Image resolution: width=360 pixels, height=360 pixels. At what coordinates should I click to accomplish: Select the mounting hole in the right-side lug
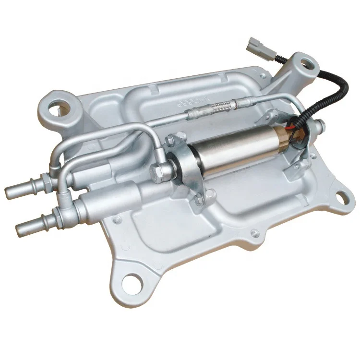[341, 196]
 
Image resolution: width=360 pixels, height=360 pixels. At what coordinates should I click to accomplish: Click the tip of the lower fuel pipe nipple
[21, 229]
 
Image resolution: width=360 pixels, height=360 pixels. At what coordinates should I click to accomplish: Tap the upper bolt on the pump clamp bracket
[170, 140]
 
